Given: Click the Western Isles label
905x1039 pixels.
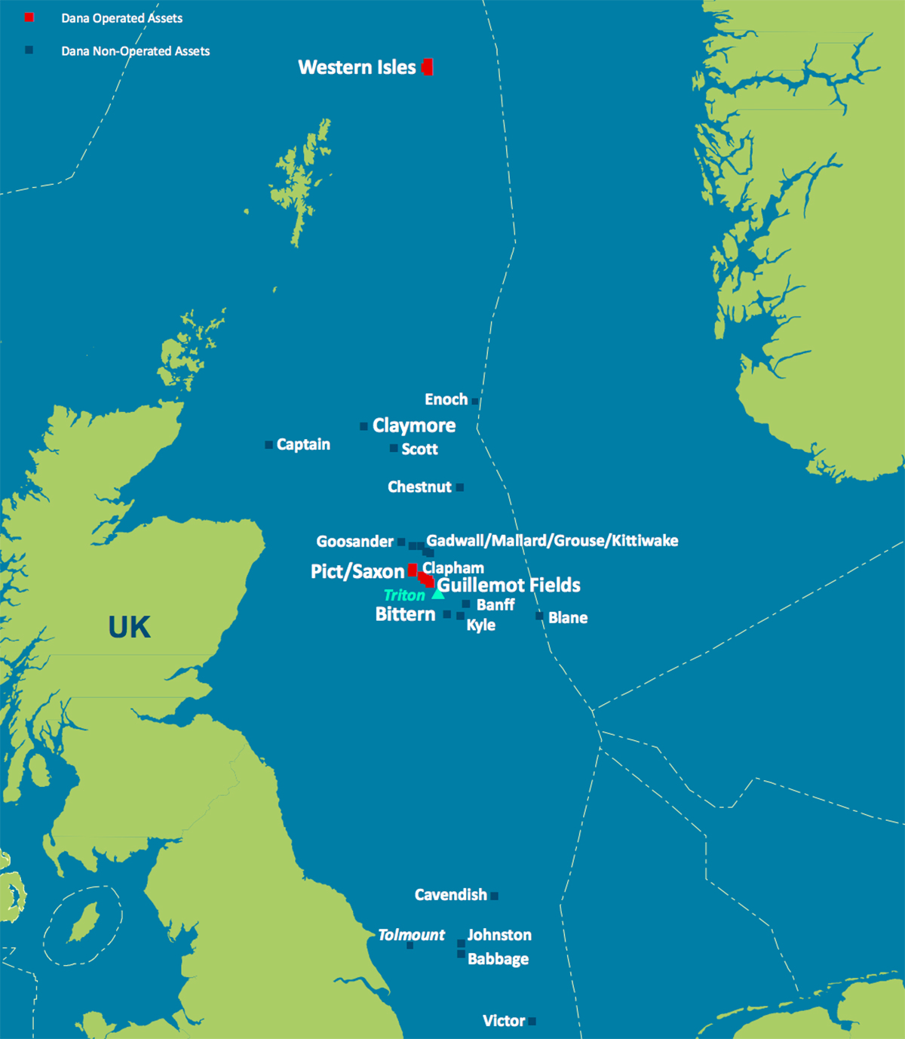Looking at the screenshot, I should pyautogui.click(x=357, y=67).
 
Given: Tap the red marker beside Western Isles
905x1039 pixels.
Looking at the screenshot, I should pyautogui.click(x=428, y=67).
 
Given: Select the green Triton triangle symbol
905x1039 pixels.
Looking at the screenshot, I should pyautogui.click(x=437, y=595).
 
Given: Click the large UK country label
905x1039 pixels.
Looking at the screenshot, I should pyautogui.click(x=129, y=627).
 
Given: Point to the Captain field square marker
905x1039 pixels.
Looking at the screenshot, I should pyautogui.click(x=269, y=445).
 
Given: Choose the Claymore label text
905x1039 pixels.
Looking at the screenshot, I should pyautogui.click(x=413, y=426).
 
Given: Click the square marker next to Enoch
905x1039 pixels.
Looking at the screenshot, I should pyautogui.click(x=475, y=401).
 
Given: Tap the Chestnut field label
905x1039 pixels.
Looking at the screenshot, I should pyautogui.click(x=419, y=487).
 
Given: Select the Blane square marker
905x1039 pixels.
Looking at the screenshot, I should pyautogui.click(x=539, y=616).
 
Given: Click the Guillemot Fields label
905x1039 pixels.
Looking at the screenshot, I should pyautogui.click(x=508, y=585).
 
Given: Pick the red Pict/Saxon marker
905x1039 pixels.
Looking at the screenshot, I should pyautogui.click(x=413, y=570).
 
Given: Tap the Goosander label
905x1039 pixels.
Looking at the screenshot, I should pyautogui.click(x=354, y=541).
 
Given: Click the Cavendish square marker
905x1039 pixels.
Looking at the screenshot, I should pyautogui.click(x=495, y=896).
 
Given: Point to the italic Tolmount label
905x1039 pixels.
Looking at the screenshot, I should pyautogui.click(x=411, y=935).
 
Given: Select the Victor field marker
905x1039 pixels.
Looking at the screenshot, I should pyautogui.click(x=532, y=1022).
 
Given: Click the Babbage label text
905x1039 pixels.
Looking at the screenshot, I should pyautogui.click(x=498, y=959).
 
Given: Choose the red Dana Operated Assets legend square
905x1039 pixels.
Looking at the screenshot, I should pyautogui.click(x=29, y=17).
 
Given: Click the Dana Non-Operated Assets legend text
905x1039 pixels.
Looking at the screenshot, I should pyautogui.click(x=136, y=51).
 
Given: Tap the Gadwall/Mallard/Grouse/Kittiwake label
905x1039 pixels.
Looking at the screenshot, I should pyautogui.click(x=552, y=540).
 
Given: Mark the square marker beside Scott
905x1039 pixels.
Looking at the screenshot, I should pyautogui.click(x=394, y=448).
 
